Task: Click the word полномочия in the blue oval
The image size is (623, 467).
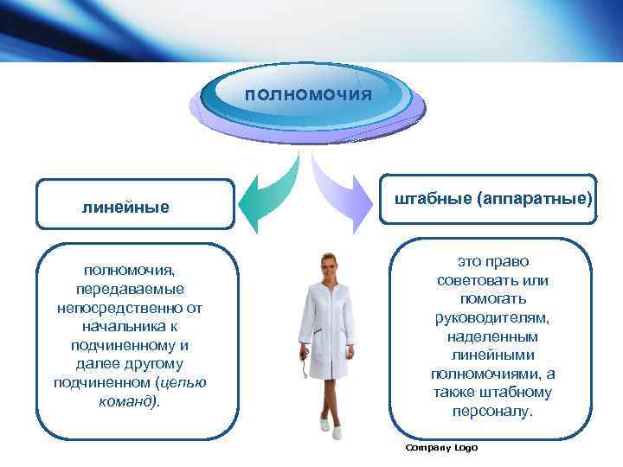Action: pyautogui.click(x=308, y=93)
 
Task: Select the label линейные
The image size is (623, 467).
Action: pyautogui.click(x=125, y=208)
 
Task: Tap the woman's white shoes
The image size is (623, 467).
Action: pyautogui.click(x=325, y=423)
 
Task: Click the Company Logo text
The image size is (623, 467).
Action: pyautogui.click(x=441, y=447)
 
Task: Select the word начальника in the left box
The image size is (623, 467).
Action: pyautogui.click(x=135, y=326)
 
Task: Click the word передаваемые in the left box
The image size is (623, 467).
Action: pyautogui.click(x=135, y=289)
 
